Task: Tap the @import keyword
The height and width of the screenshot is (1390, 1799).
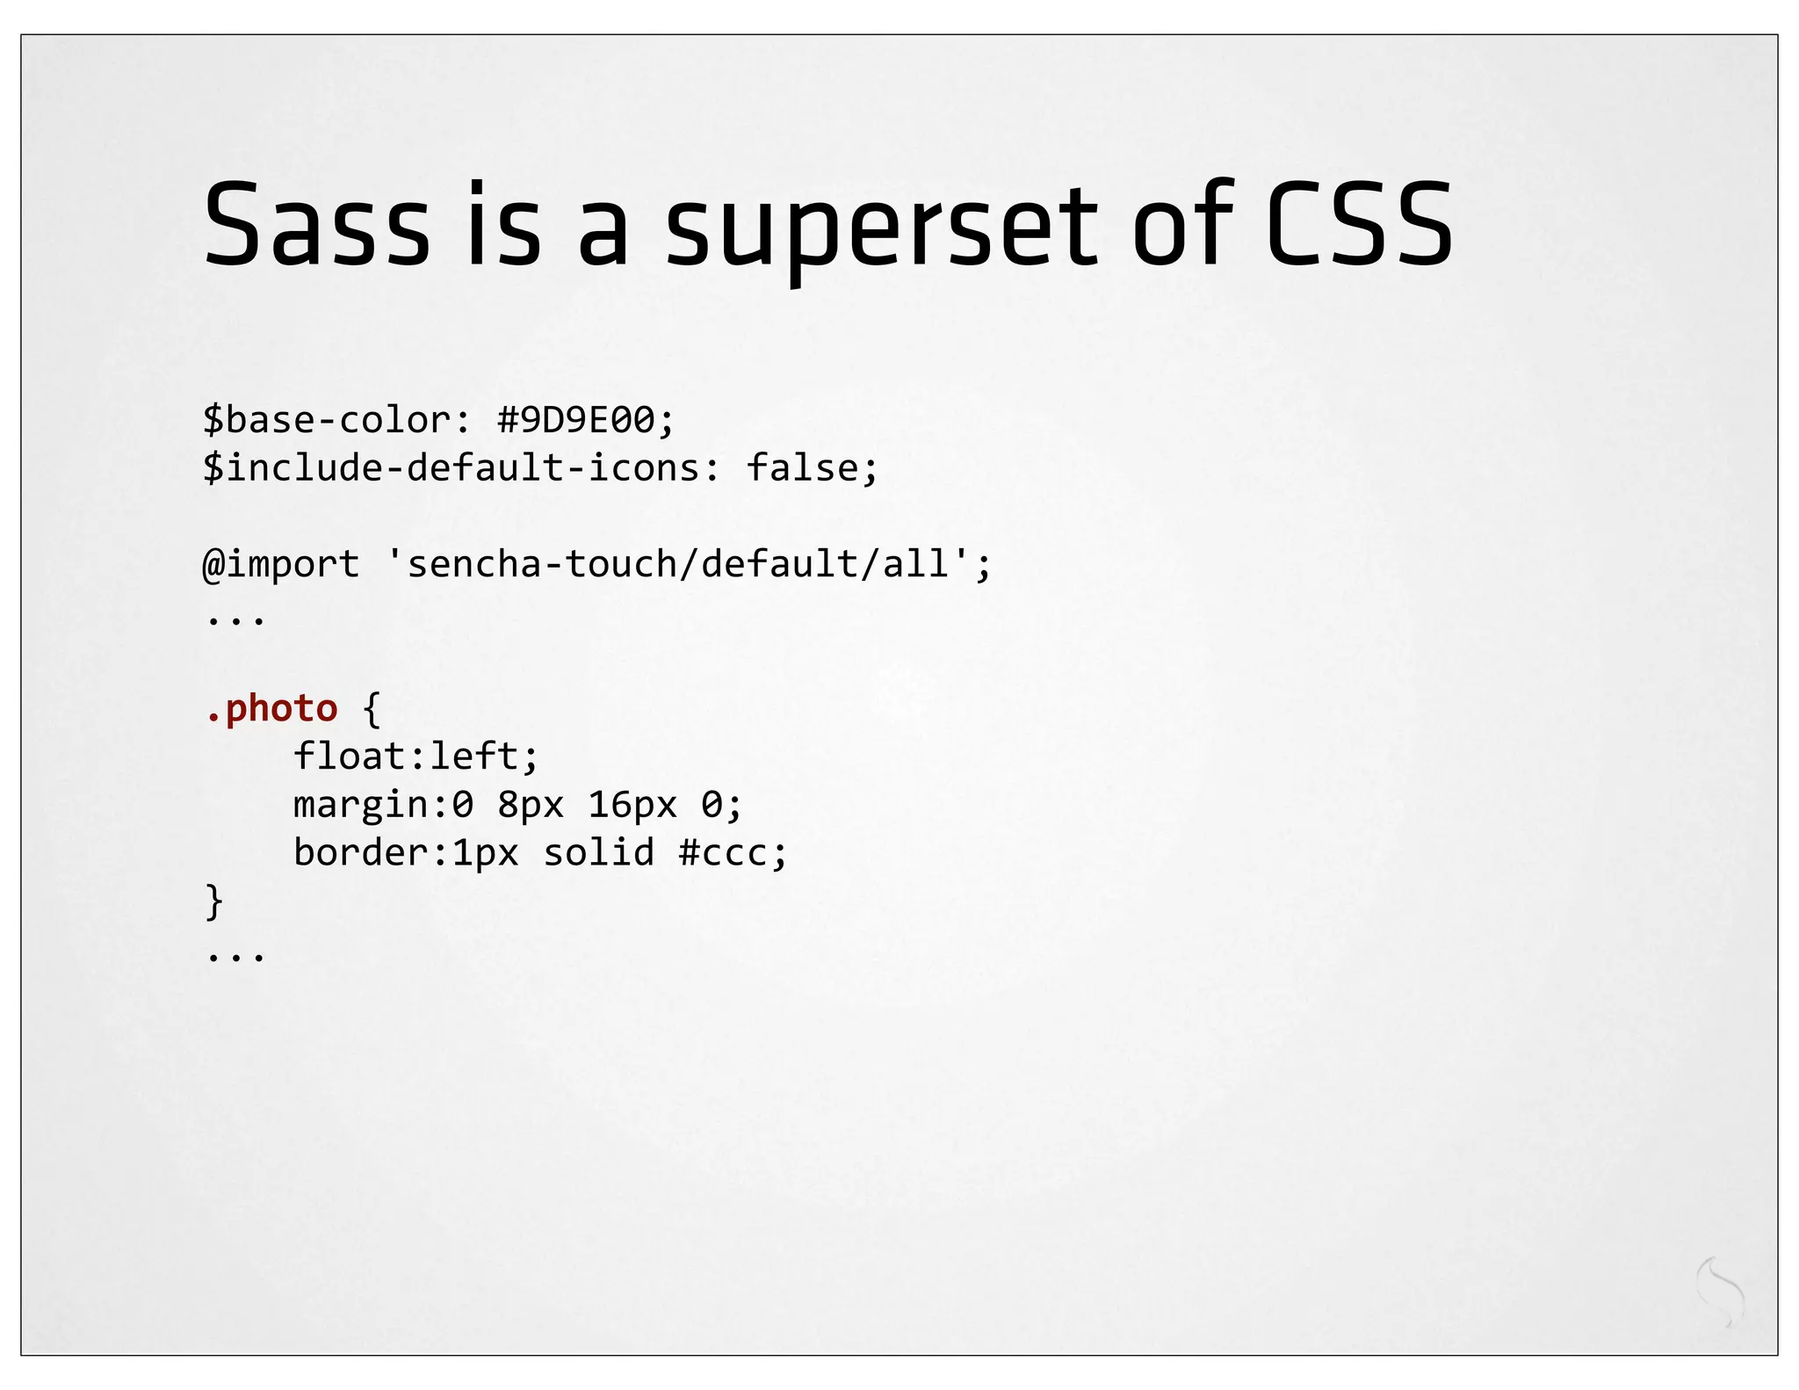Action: [x=281, y=564]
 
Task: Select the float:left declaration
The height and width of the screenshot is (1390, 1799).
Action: [x=415, y=757]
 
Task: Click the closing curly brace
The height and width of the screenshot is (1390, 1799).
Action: [x=213, y=901]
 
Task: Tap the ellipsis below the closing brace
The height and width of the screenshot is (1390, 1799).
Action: [x=235, y=956]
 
